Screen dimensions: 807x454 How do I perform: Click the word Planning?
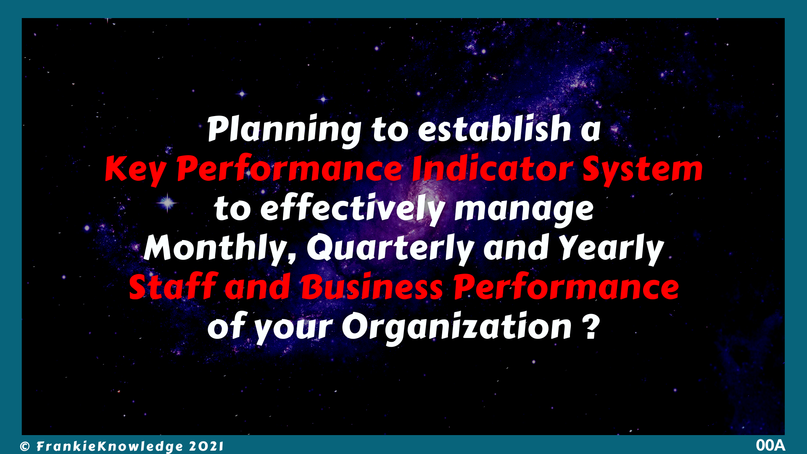[x=284, y=130]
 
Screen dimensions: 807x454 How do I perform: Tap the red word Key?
[x=135, y=169]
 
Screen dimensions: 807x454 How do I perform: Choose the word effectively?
[x=353, y=209]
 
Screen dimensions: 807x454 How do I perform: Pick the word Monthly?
[x=220, y=249]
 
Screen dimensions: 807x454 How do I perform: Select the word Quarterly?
[x=391, y=249]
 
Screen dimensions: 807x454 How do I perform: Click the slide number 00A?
[x=770, y=445]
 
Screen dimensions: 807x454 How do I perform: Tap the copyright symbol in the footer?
[x=25, y=446]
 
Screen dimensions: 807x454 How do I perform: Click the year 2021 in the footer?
[x=206, y=446]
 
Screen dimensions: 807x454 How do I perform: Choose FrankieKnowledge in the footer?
[x=110, y=446]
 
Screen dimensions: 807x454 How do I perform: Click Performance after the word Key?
[x=290, y=169]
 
